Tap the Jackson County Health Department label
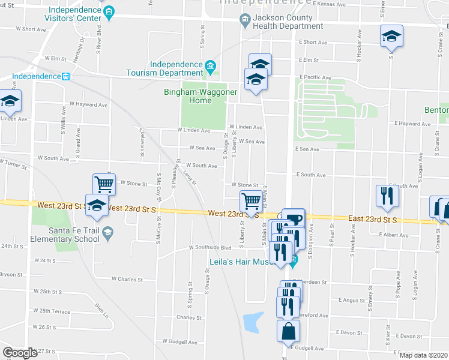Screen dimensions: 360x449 (x=287, y=22)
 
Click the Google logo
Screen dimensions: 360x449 (x=20, y=353)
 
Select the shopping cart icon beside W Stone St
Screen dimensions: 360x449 (x=104, y=184)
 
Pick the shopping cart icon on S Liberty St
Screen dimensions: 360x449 (x=250, y=200)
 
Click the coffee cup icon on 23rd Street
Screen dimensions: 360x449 (x=294, y=219)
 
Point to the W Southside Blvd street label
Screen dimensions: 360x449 (x=209, y=247)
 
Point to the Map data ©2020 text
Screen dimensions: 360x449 (x=423, y=355)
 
